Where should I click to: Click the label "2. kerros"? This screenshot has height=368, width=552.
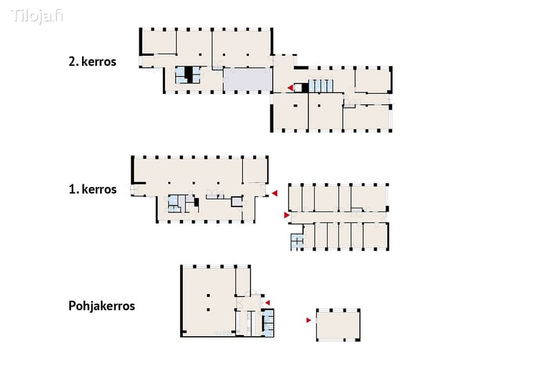pyautogui.click(x=92, y=61)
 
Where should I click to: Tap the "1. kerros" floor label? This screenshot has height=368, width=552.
pyautogui.click(x=92, y=189)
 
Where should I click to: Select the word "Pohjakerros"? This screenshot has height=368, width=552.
pyautogui.click(x=101, y=306)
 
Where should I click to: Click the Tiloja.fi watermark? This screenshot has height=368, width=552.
pyautogui.click(x=37, y=16)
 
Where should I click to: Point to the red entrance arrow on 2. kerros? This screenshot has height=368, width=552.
pyautogui.click(x=290, y=88)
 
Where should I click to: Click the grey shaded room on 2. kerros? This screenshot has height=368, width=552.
pyautogui.click(x=248, y=79)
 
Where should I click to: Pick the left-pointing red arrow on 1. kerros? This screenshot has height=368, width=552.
pyautogui.click(x=275, y=193)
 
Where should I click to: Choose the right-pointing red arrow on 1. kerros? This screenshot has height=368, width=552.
pyautogui.click(x=287, y=215)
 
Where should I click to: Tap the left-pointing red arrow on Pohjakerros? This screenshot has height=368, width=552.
pyautogui.click(x=268, y=302)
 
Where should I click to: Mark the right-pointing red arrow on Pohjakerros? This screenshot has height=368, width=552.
pyautogui.click(x=308, y=320)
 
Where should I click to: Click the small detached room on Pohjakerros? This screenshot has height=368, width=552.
pyautogui.click(x=338, y=325)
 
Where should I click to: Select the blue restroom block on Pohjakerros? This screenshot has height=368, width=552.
pyautogui.click(x=268, y=322)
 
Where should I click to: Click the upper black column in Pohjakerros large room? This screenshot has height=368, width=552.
pyautogui.click(x=208, y=296)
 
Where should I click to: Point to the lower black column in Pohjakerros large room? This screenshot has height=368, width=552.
pyautogui.click(x=208, y=310)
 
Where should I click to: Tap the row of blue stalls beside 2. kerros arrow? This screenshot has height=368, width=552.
pyautogui.click(x=321, y=86)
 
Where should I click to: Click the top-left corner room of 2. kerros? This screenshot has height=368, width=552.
pyautogui.click(x=159, y=42)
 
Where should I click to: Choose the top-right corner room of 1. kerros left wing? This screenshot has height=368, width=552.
pyautogui.click(x=255, y=171)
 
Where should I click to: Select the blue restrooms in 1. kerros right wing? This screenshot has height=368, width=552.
pyautogui.click(x=297, y=242)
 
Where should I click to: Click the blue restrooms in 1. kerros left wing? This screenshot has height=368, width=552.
pyautogui.click(x=174, y=204)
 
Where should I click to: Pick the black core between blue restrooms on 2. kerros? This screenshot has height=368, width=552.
pyautogui.click(x=188, y=75)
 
